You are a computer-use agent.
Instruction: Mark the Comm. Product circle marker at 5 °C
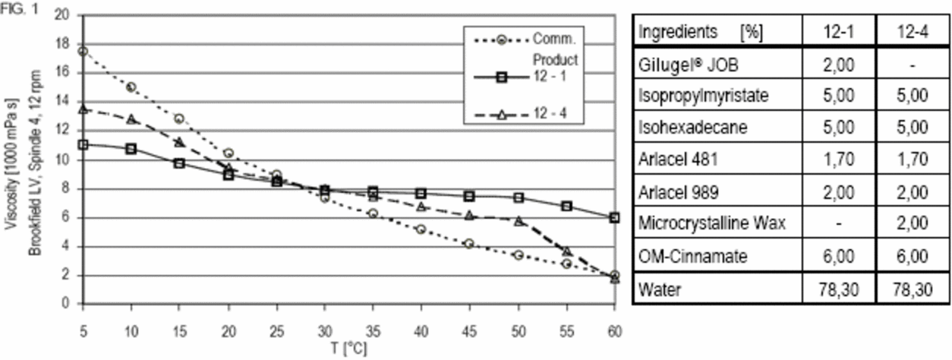point(83,51)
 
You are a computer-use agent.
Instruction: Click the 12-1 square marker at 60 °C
point(614,217)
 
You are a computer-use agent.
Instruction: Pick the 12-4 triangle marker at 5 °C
point(83,109)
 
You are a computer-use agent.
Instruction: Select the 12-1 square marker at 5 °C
point(83,144)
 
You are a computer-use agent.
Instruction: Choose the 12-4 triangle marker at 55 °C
point(566,251)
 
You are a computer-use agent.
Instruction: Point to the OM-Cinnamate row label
point(683,257)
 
